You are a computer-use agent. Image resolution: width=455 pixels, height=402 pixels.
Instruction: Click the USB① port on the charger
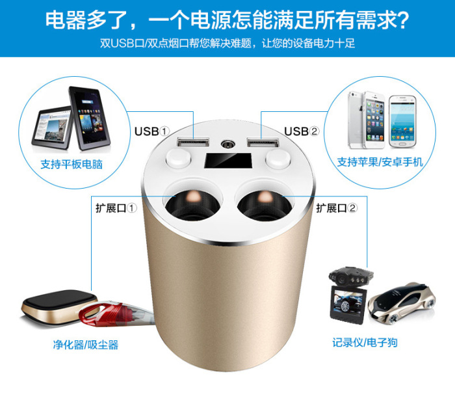(x=193, y=142)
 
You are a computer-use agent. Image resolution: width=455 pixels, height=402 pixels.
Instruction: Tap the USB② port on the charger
(x=263, y=142)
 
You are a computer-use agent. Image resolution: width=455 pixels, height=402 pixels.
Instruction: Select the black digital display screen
(x=227, y=161)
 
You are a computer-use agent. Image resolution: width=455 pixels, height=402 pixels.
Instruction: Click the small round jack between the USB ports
(x=227, y=144)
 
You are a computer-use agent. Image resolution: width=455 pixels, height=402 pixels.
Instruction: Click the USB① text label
(x=151, y=131)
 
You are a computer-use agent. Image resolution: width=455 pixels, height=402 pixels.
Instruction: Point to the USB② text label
(x=302, y=131)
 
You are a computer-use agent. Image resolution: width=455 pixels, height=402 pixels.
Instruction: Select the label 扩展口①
(x=116, y=208)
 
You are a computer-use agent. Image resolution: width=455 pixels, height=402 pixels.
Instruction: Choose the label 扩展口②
(x=337, y=208)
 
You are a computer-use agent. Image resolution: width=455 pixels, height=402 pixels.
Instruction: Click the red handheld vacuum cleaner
(x=116, y=314)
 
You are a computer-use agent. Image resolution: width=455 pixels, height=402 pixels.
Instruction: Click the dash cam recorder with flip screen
(x=349, y=295)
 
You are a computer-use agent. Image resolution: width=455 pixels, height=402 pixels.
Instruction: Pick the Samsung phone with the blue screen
(x=403, y=122)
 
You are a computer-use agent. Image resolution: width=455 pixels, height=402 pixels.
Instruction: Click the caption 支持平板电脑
(x=71, y=164)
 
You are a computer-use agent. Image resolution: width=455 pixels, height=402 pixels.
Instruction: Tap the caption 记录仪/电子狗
(x=365, y=342)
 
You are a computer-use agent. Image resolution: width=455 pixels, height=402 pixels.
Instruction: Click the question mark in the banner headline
(x=402, y=20)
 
